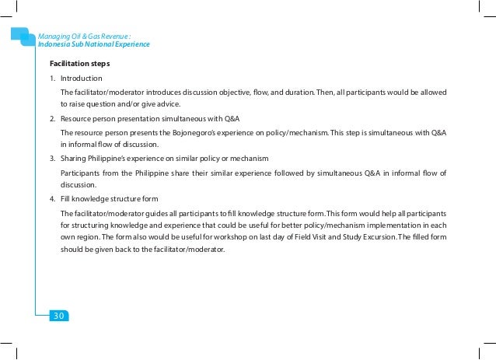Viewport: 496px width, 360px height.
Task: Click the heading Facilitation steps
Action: coord(79,63)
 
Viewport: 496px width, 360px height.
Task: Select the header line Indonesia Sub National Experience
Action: coord(93,45)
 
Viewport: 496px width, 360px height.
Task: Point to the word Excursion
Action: coord(372,239)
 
